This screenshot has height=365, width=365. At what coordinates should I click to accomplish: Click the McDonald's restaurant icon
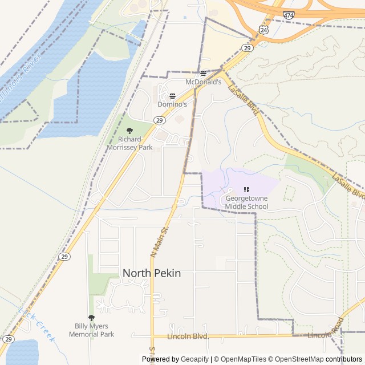204,74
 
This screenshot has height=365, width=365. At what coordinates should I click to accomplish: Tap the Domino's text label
172,104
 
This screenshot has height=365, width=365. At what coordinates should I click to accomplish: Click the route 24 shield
263,29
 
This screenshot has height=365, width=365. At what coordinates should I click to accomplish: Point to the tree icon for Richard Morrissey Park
129,131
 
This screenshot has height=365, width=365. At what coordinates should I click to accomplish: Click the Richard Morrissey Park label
129,143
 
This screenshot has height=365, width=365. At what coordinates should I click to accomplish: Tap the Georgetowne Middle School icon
246,189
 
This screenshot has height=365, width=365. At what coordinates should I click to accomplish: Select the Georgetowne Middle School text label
246,202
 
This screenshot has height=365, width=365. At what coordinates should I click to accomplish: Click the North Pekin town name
152,273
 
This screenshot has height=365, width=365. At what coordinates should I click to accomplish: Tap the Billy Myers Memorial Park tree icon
91,318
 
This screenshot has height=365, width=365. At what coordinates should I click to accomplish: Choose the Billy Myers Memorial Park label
91,330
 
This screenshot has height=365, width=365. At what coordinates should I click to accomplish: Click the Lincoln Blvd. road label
188,336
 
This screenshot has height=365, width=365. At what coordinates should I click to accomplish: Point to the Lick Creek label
37,325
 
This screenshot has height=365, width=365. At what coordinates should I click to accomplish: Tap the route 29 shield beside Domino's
159,120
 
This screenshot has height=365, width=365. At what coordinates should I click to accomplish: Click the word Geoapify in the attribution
193,359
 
